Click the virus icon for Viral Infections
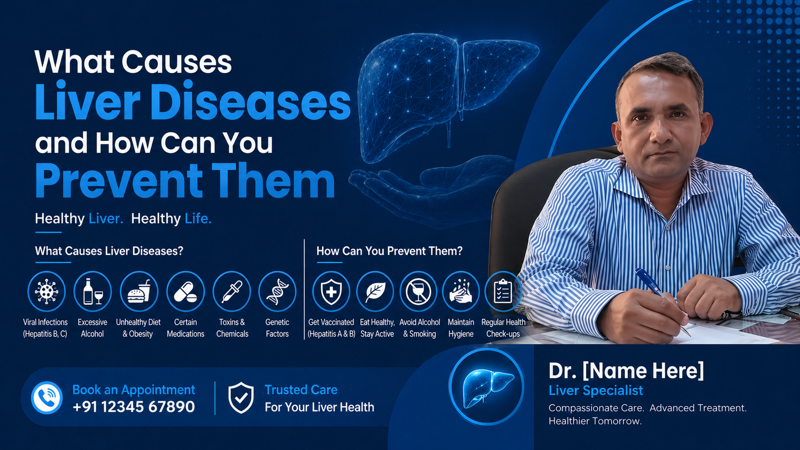(46, 291)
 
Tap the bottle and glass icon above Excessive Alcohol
(92, 291)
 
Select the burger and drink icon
(139, 291)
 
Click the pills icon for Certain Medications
(185, 291)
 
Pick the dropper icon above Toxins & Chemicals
(231, 291)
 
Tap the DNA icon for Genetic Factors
(277, 291)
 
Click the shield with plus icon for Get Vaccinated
(331, 291)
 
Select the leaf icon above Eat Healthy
(375, 291)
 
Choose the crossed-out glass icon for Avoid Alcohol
(418, 291)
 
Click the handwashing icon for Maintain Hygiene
(460, 291)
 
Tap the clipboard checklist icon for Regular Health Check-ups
(503, 291)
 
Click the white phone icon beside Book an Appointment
(47, 398)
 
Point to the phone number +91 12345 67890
(133, 407)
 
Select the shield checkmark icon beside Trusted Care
(241, 398)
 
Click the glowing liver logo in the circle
(487, 387)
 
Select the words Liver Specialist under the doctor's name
(595, 390)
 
